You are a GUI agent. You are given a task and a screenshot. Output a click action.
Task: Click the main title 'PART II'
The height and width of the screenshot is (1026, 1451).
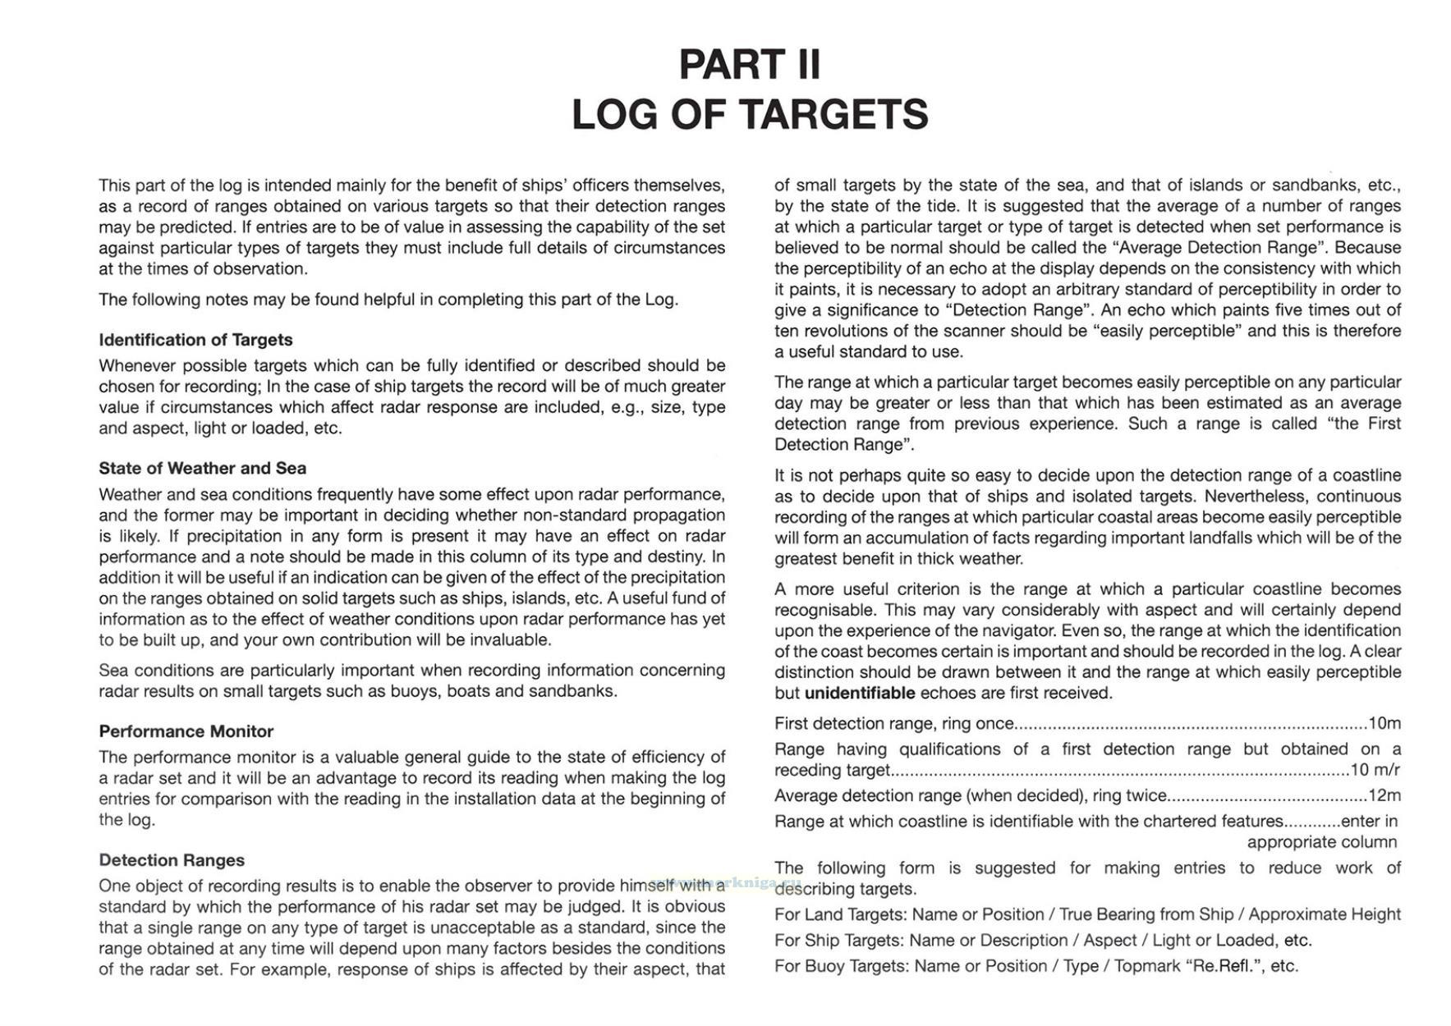point(749,64)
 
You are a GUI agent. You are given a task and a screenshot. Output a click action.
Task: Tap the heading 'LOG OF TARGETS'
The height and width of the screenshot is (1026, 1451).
point(749,114)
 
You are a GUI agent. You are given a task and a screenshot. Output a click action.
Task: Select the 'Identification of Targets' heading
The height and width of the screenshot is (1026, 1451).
point(195,340)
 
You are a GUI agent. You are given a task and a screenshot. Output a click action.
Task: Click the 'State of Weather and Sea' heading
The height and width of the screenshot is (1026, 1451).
point(202,469)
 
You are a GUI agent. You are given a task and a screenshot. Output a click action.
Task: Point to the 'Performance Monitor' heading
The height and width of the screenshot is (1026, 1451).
point(186,731)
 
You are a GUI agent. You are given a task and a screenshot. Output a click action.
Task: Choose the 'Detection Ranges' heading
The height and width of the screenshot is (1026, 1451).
point(172,860)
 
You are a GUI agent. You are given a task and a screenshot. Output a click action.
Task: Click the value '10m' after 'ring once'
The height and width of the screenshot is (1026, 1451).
point(1384,723)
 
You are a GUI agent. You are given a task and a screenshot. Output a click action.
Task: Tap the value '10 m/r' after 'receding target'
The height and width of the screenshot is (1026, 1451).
point(1375,770)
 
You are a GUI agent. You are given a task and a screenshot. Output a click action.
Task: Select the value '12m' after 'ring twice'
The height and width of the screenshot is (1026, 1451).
point(1384,795)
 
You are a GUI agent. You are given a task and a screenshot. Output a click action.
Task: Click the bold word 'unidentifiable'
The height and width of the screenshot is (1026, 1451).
point(859,693)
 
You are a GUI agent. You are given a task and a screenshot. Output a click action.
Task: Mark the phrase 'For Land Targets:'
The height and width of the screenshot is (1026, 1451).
point(840,914)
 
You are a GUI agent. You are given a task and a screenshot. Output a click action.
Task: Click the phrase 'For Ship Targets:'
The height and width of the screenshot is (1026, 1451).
point(839,940)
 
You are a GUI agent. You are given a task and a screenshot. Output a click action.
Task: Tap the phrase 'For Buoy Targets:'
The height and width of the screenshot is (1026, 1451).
point(841,966)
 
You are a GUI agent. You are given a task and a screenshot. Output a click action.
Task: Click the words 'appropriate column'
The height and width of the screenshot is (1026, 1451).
point(1321,842)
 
